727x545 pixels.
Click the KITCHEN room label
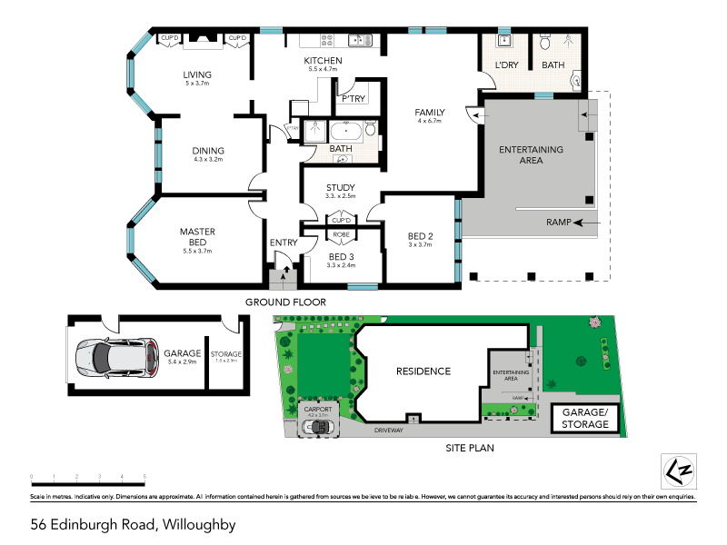pos(323,61)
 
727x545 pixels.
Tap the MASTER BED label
pos(196,237)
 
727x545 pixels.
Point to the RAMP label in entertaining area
pos(559,222)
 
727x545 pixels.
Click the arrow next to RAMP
pos(587,222)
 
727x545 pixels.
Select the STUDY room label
pos(341,188)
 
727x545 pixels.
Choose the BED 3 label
pos(341,257)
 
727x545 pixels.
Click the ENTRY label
pos(284,243)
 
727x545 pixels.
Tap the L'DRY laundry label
pos(506,65)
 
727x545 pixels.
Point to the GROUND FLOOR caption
pos(285,302)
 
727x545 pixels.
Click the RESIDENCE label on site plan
pos(423,372)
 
